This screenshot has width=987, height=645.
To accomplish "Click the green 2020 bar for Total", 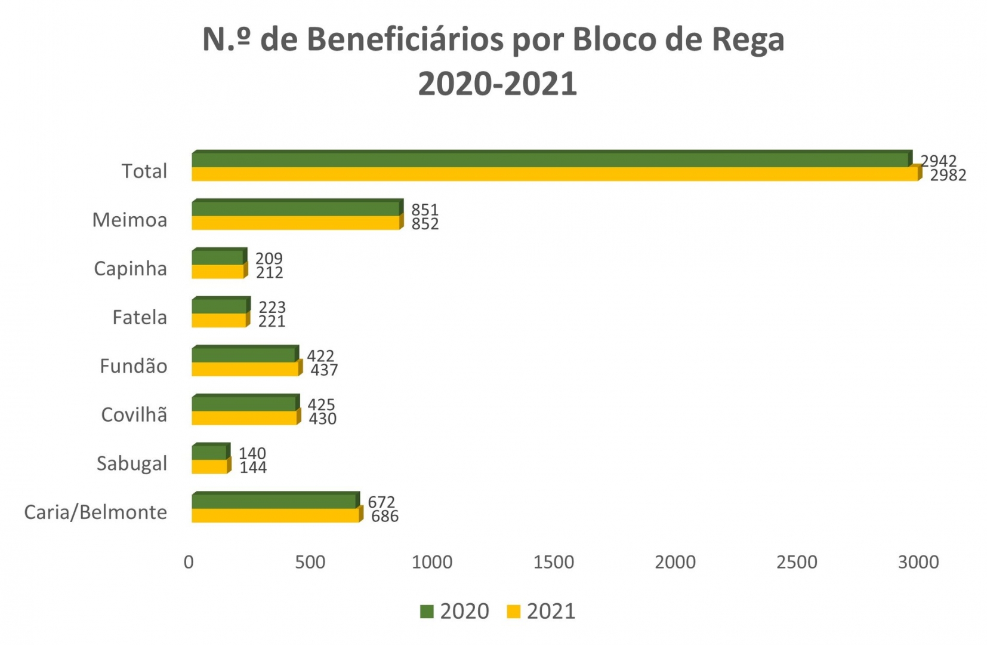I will click(549, 160).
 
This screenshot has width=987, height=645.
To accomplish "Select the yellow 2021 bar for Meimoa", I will click(295, 223).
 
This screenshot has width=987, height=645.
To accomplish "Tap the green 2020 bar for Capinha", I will click(218, 257).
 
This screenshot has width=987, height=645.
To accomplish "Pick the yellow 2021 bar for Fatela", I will click(219, 320).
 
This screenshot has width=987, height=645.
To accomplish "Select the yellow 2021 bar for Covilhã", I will click(244, 417).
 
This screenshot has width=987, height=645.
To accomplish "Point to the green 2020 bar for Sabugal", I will click(209, 452).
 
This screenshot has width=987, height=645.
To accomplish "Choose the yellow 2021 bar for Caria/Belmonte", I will click(275, 515).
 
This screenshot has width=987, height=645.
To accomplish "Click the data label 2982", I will click(948, 175).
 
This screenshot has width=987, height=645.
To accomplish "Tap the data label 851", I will click(425, 210).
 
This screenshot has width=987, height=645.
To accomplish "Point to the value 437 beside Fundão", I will click(324, 370).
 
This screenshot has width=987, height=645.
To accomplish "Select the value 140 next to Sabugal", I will click(252, 453).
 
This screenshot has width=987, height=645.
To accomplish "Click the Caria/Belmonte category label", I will click(95, 512).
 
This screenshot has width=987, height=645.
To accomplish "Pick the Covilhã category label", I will click(134, 414).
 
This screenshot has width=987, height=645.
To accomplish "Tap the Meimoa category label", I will click(129, 220).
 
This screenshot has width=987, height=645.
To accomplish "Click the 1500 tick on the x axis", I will click(553, 562).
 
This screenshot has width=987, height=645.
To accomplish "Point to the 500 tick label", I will click(310, 562).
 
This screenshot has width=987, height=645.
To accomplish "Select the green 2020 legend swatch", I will click(427, 612).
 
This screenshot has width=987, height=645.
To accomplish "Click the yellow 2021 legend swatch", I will click(513, 612).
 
